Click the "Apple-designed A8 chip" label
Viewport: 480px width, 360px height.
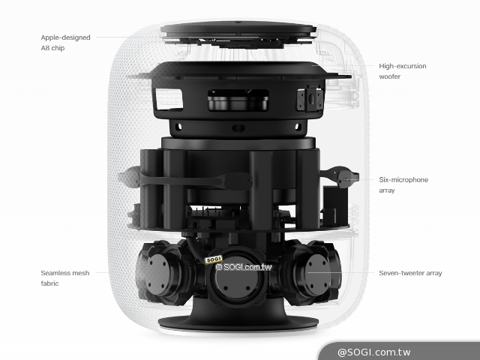click(65, 43)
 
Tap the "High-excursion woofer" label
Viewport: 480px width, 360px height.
click(403, 71)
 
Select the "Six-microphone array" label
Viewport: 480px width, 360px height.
click(403, 185)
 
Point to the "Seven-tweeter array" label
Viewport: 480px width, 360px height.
click(410, 273)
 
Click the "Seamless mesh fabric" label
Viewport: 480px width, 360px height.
click(65, 278)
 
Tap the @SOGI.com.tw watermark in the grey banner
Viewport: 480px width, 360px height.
click(373, 352)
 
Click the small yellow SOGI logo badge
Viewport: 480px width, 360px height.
click(213, 260)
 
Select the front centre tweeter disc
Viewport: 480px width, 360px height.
click(237, 280)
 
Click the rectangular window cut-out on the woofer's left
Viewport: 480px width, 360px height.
click(169, 99)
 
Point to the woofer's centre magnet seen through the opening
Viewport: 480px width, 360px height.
click(238, 103)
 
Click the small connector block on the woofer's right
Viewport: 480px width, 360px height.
click(310, 99)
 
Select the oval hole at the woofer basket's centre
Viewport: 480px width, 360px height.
click(238, 128)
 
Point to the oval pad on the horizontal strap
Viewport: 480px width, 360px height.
click(238, 181)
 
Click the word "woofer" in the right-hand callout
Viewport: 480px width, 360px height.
click(390, 76)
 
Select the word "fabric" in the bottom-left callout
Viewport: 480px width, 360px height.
click(49, 283)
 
